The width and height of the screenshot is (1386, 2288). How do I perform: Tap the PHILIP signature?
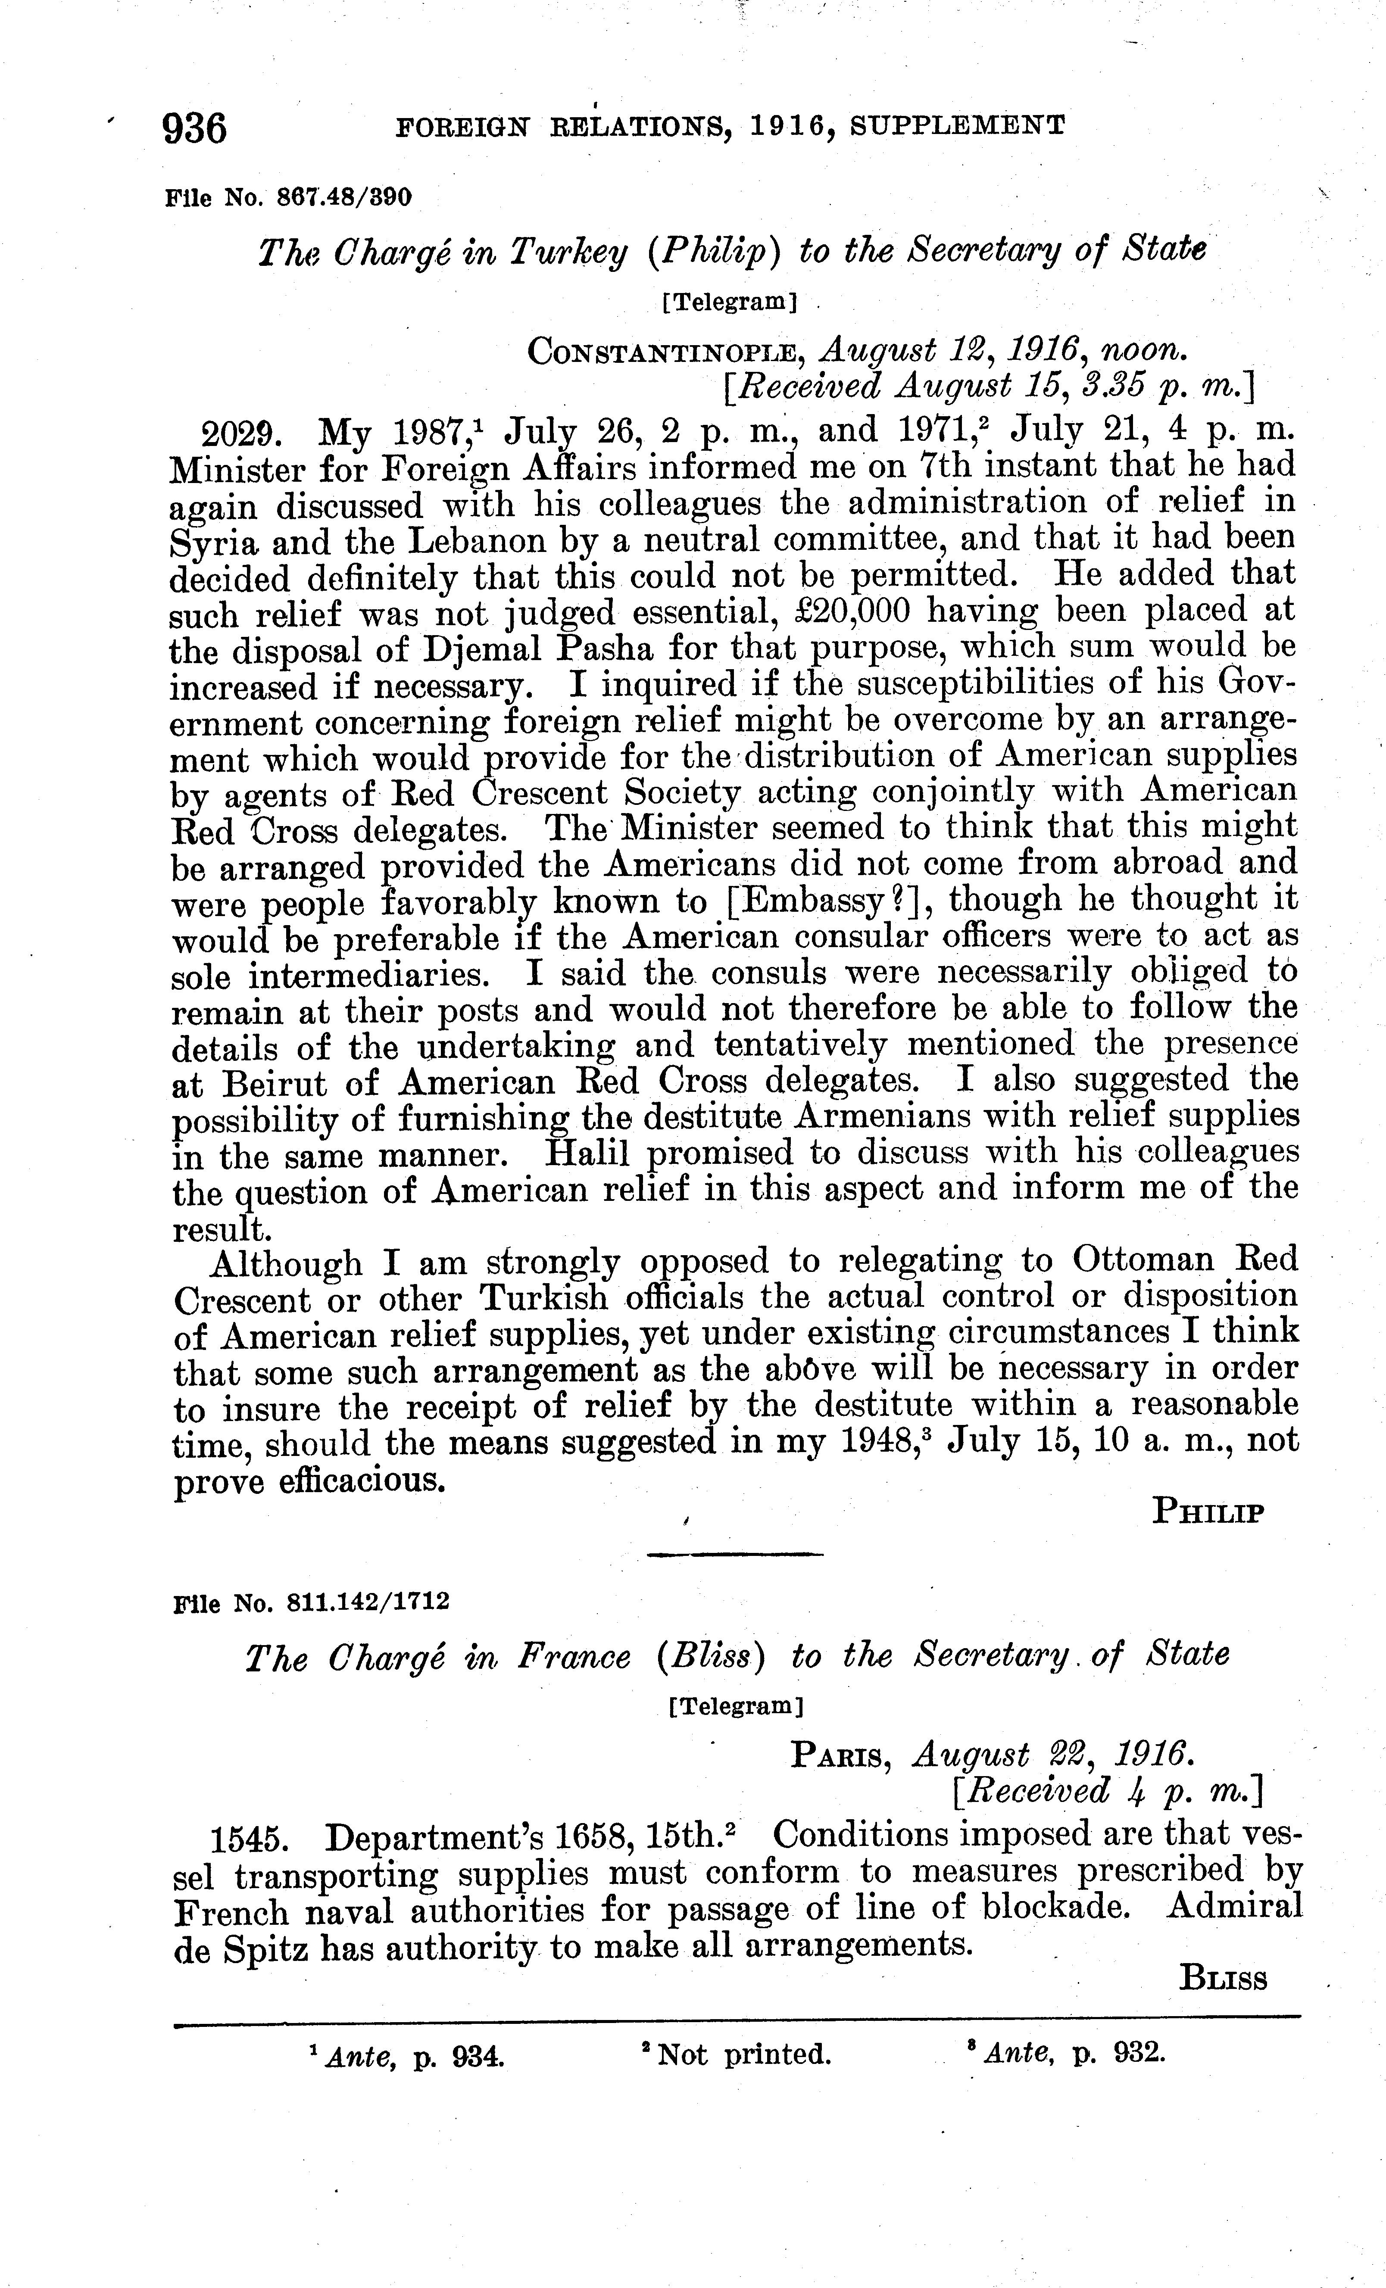(1208, 1513)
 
